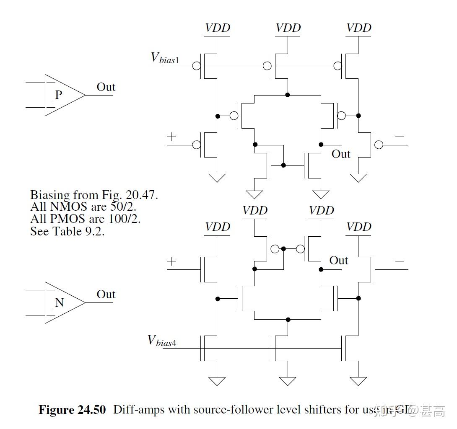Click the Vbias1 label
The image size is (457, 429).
click(165, 57)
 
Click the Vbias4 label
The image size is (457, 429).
click(162, 340)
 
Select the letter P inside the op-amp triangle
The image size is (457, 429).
click(59, 95)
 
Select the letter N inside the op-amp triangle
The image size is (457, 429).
click(59, 302)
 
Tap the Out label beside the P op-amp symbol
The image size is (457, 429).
click(106, 87)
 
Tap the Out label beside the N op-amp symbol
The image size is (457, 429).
click(106, 295)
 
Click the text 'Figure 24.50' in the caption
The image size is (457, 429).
click(72, 409)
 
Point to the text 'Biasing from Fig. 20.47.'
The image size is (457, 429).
click(94, 195)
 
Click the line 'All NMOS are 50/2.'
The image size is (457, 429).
click(83, 207)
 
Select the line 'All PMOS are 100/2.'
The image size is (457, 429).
click(85, 219)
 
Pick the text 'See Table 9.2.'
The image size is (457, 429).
click(67, 231)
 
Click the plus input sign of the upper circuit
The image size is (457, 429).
click(171, 137)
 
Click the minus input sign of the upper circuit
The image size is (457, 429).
click(399, 137)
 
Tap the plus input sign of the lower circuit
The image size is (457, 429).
click(171, 261)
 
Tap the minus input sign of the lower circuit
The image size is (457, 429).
click(399, 261)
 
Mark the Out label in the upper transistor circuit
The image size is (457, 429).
click(340, 154)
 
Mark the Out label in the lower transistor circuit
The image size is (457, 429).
click(338, 261)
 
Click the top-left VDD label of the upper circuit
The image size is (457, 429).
click(217, 28)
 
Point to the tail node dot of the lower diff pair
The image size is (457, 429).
click(288, 319)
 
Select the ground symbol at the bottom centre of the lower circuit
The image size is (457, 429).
click(288, 381)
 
